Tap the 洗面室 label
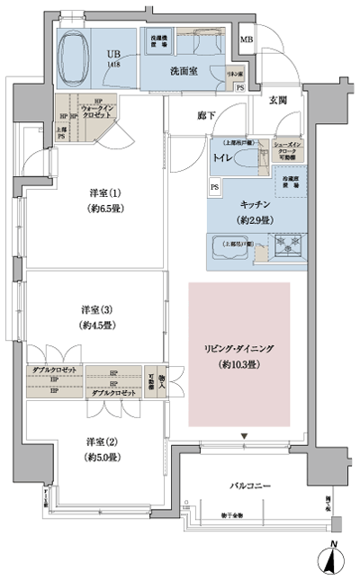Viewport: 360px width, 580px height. (185, 70)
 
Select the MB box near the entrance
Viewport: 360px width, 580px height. (246, 40)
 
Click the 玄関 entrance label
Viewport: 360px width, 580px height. (277, 101)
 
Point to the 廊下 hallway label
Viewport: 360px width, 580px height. (207, 116)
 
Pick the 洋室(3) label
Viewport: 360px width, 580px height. (94, 309)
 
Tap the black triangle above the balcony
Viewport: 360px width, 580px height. (243, 436)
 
